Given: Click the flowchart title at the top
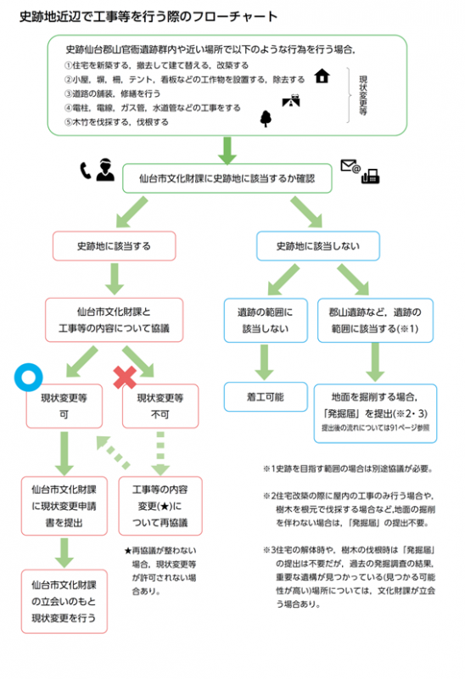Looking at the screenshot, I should click(148, 16).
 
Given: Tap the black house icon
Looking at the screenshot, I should click(322, 77).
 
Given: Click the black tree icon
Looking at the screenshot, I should click(265, 118).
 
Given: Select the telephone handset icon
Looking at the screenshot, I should click(85, 171).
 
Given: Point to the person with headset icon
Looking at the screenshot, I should click(104, 171).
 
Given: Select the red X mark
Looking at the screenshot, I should click(126, 376).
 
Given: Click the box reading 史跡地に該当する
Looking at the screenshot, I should click(114, 246).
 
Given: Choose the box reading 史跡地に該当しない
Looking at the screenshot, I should click(317, 246).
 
